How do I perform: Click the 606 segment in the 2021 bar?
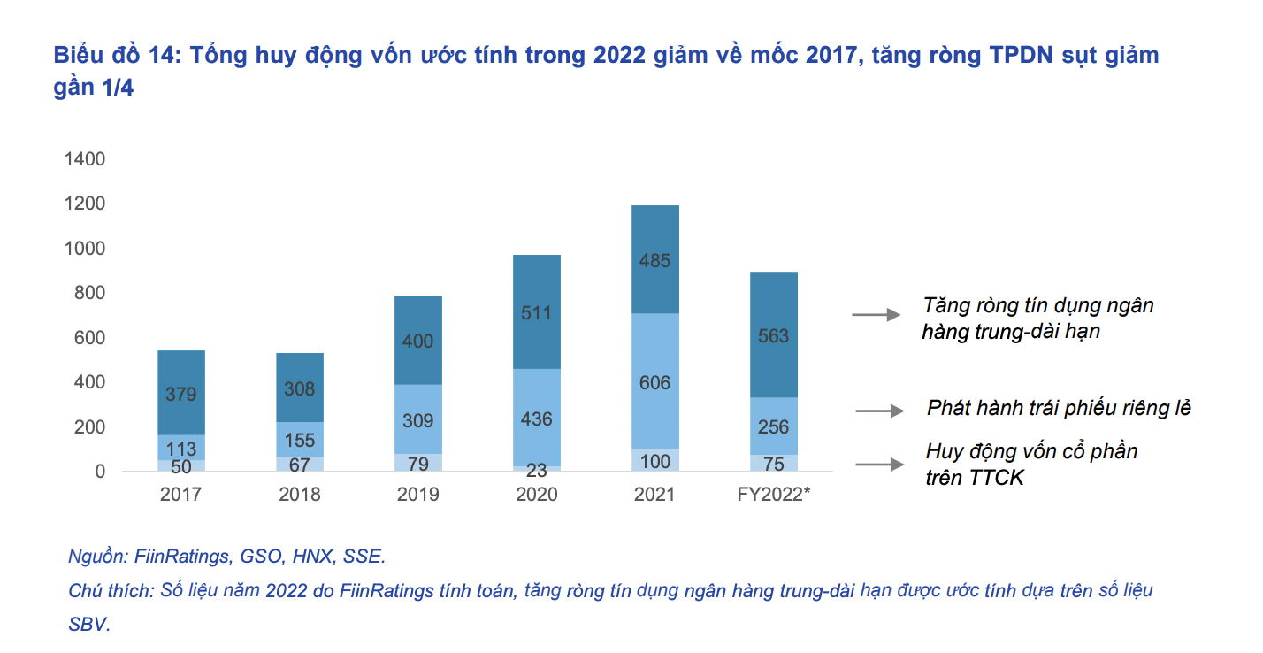point(654,382)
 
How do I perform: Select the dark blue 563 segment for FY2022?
point(773,335)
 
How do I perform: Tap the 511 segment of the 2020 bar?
point(537,312)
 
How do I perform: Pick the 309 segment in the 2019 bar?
point(417,420)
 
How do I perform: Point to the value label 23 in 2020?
point(537,470)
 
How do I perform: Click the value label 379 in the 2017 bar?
point(180,394)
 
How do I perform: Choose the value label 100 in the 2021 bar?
point(654,460)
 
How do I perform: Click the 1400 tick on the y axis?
point(85,159)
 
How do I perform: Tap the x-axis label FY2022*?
point(773,495)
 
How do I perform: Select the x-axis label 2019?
point(417,495)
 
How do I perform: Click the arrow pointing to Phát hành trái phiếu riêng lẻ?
point(879,411)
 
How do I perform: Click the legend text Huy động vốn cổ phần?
point(1031,451)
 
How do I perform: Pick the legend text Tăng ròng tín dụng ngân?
point(1038,306)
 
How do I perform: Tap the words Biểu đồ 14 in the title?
point(111,55)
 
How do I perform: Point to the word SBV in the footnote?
point(88,624)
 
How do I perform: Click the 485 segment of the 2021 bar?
point(654,260)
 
